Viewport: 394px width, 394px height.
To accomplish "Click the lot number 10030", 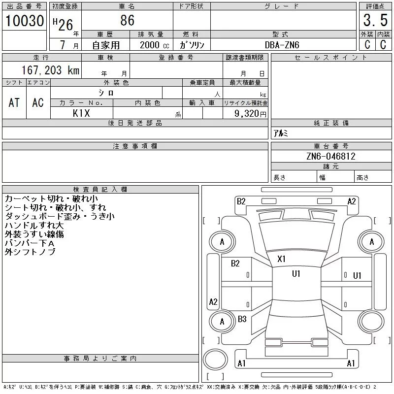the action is tap(25, 21).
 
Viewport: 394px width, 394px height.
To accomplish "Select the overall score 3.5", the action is tap(375, 20).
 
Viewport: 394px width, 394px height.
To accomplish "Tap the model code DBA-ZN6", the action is tap(282, 45).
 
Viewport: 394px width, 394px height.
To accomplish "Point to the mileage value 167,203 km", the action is tap(50, 70).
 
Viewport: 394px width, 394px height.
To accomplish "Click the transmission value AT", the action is tap(14, 102).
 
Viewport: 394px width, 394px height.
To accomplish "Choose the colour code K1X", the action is tap(81, 113).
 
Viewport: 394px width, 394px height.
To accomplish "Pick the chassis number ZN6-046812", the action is tap(330, 156).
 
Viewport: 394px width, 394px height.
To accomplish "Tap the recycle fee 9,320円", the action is tap(250, 114).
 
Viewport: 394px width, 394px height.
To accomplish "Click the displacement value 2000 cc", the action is tap(154, 45).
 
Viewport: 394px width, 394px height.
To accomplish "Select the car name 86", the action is tap(128, 20).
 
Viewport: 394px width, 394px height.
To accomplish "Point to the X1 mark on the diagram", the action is tap(281, 259).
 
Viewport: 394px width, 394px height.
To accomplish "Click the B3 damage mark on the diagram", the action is tap(242, 319).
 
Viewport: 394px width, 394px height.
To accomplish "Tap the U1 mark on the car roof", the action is tap(296, 274).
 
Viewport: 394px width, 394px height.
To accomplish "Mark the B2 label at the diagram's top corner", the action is tap(241, 201).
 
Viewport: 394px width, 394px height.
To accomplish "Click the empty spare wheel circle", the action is tap(215, 360).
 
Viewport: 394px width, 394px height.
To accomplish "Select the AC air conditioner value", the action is tap(38, 102).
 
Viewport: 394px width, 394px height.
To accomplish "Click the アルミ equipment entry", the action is tap(280, 133).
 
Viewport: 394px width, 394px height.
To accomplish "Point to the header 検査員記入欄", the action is tap(100, 189).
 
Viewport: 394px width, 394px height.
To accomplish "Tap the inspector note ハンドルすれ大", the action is tap(34, 225).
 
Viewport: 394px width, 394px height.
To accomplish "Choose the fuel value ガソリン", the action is tap(192, 45).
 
